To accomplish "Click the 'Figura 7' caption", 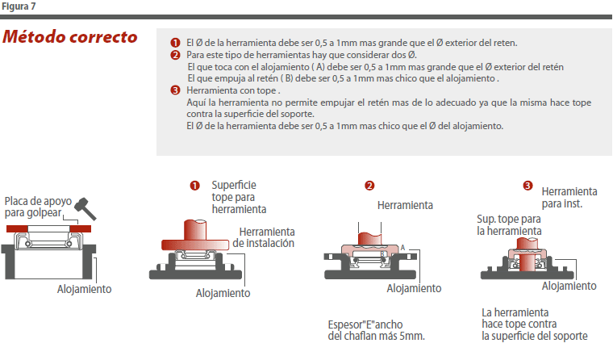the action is [x=19, y=6].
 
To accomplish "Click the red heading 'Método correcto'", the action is [x=70, y=37].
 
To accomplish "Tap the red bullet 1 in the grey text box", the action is [x=175, y=43].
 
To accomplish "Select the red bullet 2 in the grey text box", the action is [x=175, y=55].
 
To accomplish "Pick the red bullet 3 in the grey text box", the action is [x=175, y=90].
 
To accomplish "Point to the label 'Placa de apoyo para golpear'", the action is [x=38, y=207].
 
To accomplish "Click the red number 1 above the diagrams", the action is [x=194, y=186].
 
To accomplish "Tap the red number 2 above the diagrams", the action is [x=369, y=186].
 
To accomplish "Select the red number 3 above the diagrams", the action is [x=528, y=186].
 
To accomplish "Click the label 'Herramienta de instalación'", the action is [x=264, y=237].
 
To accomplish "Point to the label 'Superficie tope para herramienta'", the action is [x=239, y=197].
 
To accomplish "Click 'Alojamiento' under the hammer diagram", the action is [x=85, y=289].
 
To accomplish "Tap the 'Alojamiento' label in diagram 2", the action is [x=414, y=288].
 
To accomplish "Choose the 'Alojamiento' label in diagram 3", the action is [x=569, y=286].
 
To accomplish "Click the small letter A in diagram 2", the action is [x=402, y=247].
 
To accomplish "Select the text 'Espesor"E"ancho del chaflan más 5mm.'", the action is [x=376, y=330].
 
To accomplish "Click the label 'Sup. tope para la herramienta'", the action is [x=509, y=225].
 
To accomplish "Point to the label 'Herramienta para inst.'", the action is [x=569, y=198].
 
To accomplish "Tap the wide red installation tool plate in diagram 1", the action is [x=195, y=245].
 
